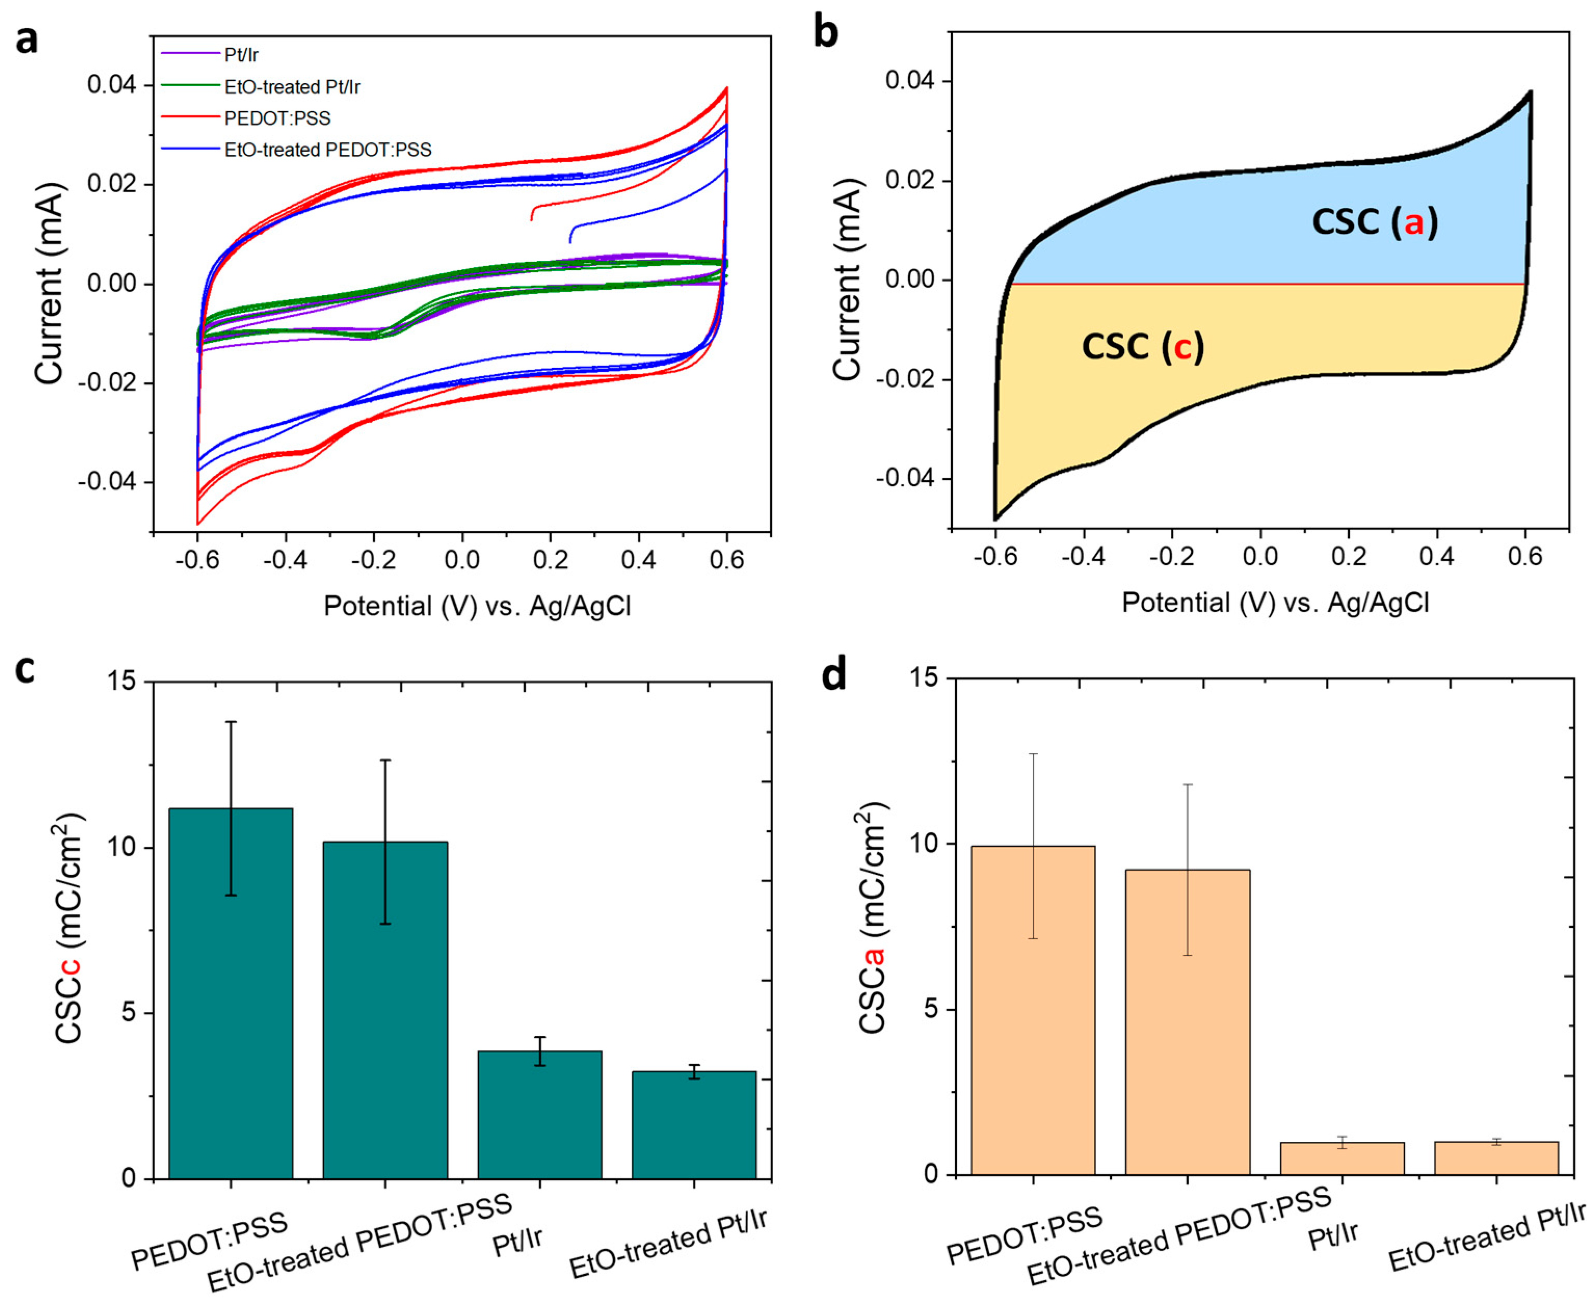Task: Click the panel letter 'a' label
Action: pyautogui.click(x=27, y=39)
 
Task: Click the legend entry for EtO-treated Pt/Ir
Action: pyautogui.click(x=291, y=87)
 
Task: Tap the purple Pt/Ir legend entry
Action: pyautogui.click(x=241, y=55)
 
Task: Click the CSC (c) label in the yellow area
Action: pyautogui.click(x=1142, y=346)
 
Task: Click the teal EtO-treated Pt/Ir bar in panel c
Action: pyautogui.click(x=693, y=1126)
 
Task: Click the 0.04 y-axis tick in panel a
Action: pyautogui.click(x=112, y=84)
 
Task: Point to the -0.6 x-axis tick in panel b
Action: pyautogui.click(x=995, y=557)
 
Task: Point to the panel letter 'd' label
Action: pyautogui.click(x=833, y=673)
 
